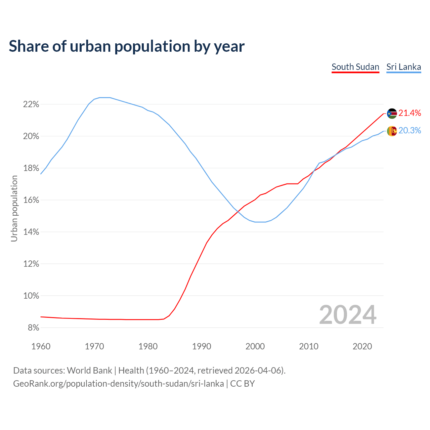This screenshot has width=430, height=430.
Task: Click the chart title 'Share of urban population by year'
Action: [x=127, y=46]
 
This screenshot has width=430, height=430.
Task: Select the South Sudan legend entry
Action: [x=355, y=67]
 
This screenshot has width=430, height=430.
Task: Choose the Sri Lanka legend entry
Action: [x=403, y=67]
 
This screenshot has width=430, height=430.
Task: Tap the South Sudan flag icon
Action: [x=392, y=114]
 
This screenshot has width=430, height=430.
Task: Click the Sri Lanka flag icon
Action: [x=392, y=131]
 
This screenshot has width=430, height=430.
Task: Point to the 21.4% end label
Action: [x=410, y=113]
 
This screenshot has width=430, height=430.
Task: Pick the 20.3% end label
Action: [x=410, y=131]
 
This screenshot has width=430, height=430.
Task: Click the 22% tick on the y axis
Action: [x=31, y=104]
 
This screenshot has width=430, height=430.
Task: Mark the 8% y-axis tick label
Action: [x=33, y=328]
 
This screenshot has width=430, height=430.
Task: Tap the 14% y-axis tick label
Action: [x=31, y=232]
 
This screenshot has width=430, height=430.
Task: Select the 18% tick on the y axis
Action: [x=31, y=168]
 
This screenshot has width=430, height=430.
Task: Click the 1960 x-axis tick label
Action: [x=41, y=346]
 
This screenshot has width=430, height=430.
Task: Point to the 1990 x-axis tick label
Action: [x=202, y=346]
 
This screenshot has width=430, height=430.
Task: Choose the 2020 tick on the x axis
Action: [x=362, y=346]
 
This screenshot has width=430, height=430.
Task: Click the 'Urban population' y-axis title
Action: [x=14, y=208]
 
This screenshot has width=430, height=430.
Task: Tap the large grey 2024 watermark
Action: [x=348, y=315]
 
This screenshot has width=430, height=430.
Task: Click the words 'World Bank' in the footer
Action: [x=89, y=371]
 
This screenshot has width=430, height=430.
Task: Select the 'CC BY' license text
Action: [x=242, y=384]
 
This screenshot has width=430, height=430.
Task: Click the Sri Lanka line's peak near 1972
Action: [x=105, y=97]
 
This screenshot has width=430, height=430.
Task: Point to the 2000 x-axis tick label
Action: [x=255, y=346]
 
